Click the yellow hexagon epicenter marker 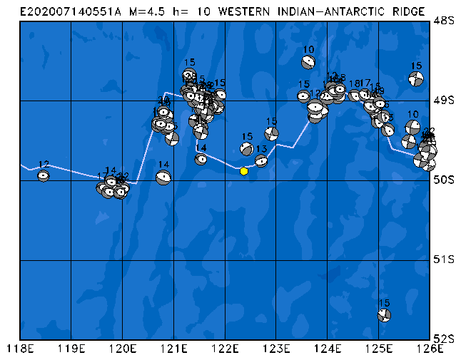(244, 170)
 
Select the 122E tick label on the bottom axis (225, 349)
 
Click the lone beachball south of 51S (384, 314)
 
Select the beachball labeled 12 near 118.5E (44, 175)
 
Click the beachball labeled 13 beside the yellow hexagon (261, 160)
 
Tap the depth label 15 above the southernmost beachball (384, 303)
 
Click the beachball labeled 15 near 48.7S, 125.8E (416, 78)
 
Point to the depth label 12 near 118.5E (44, 165)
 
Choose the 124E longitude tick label (328, 349)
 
